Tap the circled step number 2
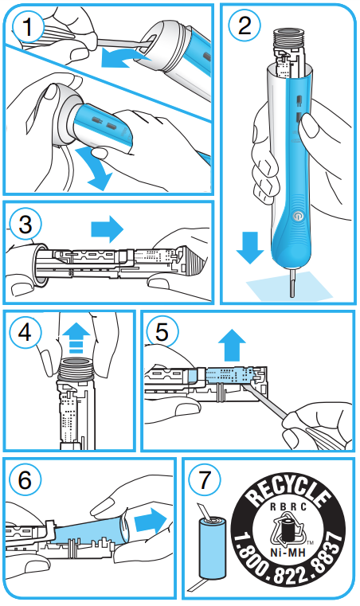245,25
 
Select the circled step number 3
26,225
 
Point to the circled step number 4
25,332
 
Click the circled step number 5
162,331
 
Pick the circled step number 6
25,479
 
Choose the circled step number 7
205,479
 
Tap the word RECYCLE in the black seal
289,491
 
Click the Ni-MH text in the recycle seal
288,552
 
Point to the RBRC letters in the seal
288,506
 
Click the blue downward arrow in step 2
250,248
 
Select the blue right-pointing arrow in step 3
107,229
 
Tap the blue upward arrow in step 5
232,345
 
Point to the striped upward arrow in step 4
76,338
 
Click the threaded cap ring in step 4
76,369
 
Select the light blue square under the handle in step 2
290,285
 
